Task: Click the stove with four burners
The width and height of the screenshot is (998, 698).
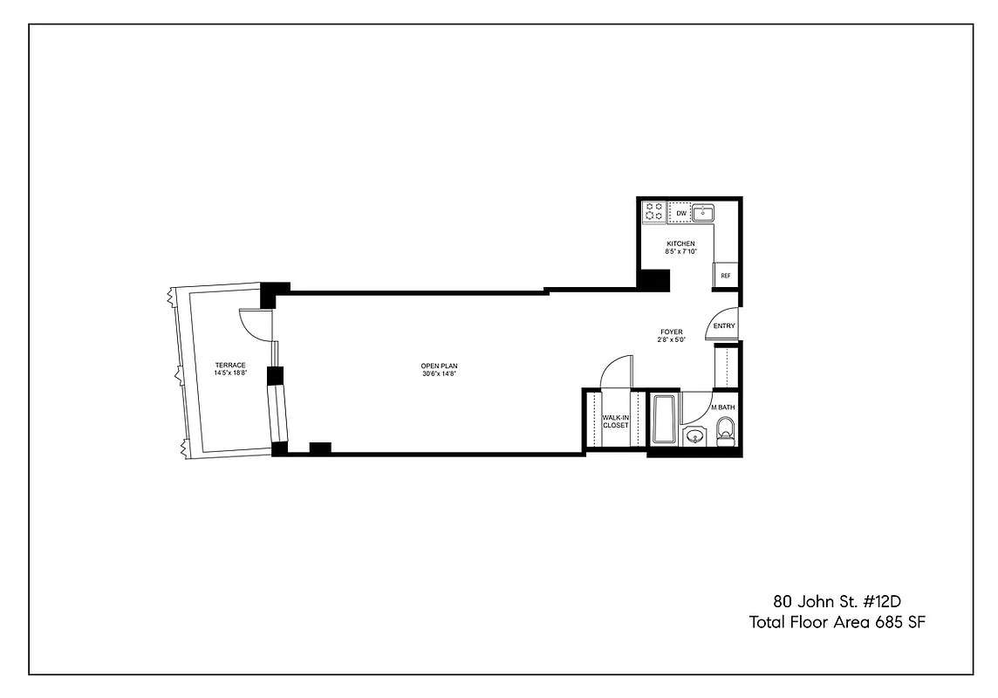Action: click(654, 212)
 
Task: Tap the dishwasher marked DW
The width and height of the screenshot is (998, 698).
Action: click(680, 213)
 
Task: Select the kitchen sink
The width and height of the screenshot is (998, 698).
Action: click(703, 213)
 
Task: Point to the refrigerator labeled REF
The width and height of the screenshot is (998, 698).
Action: click(725, 276)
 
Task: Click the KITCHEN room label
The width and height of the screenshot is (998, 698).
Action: click(680, 243)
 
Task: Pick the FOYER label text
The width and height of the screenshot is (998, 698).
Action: click(671, 332)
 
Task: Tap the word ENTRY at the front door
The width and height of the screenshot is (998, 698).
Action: click(724, 326)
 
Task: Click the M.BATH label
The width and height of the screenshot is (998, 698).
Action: click(722, 408)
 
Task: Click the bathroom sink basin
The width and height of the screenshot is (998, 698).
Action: click(694, 435)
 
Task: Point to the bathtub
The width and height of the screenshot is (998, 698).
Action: click(663, 421)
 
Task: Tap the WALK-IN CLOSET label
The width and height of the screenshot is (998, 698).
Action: click(615, 421)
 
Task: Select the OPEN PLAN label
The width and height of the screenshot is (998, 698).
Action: click(440, 366)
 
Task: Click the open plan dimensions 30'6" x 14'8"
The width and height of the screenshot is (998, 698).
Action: click(440, 373)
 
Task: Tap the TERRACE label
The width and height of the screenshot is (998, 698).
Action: click(230, 365)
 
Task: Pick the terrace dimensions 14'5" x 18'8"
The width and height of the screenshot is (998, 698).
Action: click(230, 373)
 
